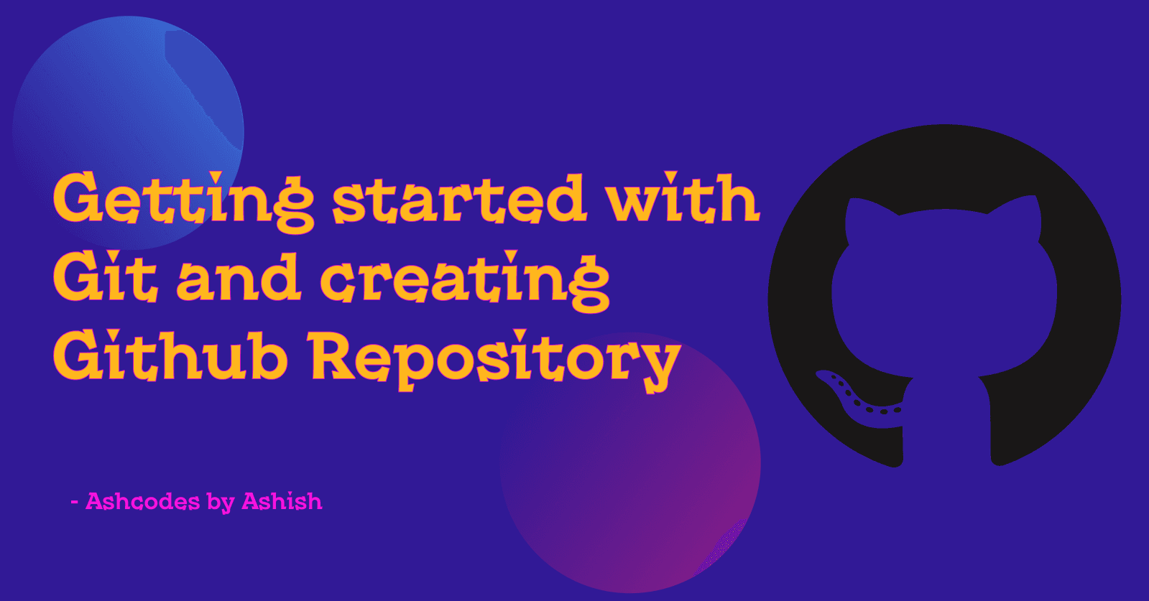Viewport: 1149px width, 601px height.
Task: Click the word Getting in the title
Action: click(x=183, y=202)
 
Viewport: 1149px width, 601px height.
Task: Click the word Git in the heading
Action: click(x=105, y=276)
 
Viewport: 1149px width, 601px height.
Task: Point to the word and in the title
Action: click(x=239, y=276)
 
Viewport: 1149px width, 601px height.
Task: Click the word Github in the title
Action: click(x=170, y=355)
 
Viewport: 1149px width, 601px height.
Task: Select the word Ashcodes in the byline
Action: click(x=142, y=501)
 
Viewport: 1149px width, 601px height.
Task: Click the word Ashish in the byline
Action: click(x=282, y=501)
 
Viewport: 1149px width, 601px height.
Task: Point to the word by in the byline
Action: click(x=221, y=503)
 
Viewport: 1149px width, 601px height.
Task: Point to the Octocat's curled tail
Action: click(x=856, y=405)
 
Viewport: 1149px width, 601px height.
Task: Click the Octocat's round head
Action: click(x=943, y=292)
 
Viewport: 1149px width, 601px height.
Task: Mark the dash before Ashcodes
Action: click(x=75, y=502)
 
